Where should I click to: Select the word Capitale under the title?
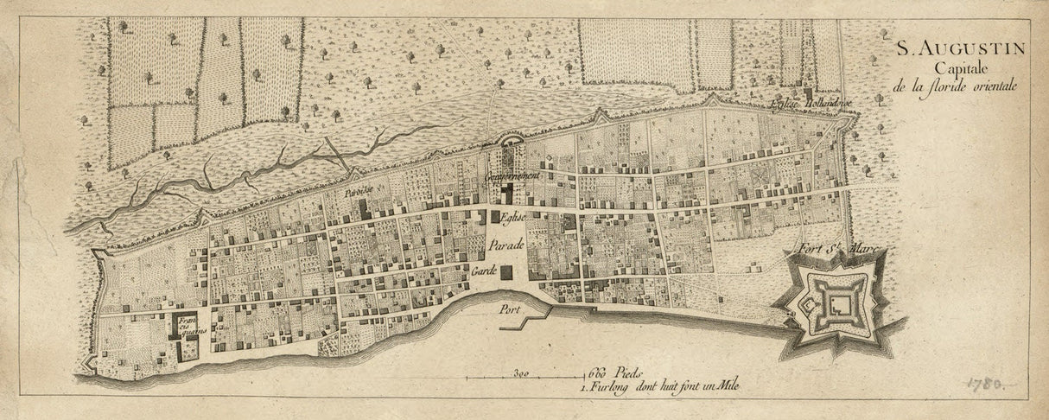950,69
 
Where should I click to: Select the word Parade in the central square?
506,246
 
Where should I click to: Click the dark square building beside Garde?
506,272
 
